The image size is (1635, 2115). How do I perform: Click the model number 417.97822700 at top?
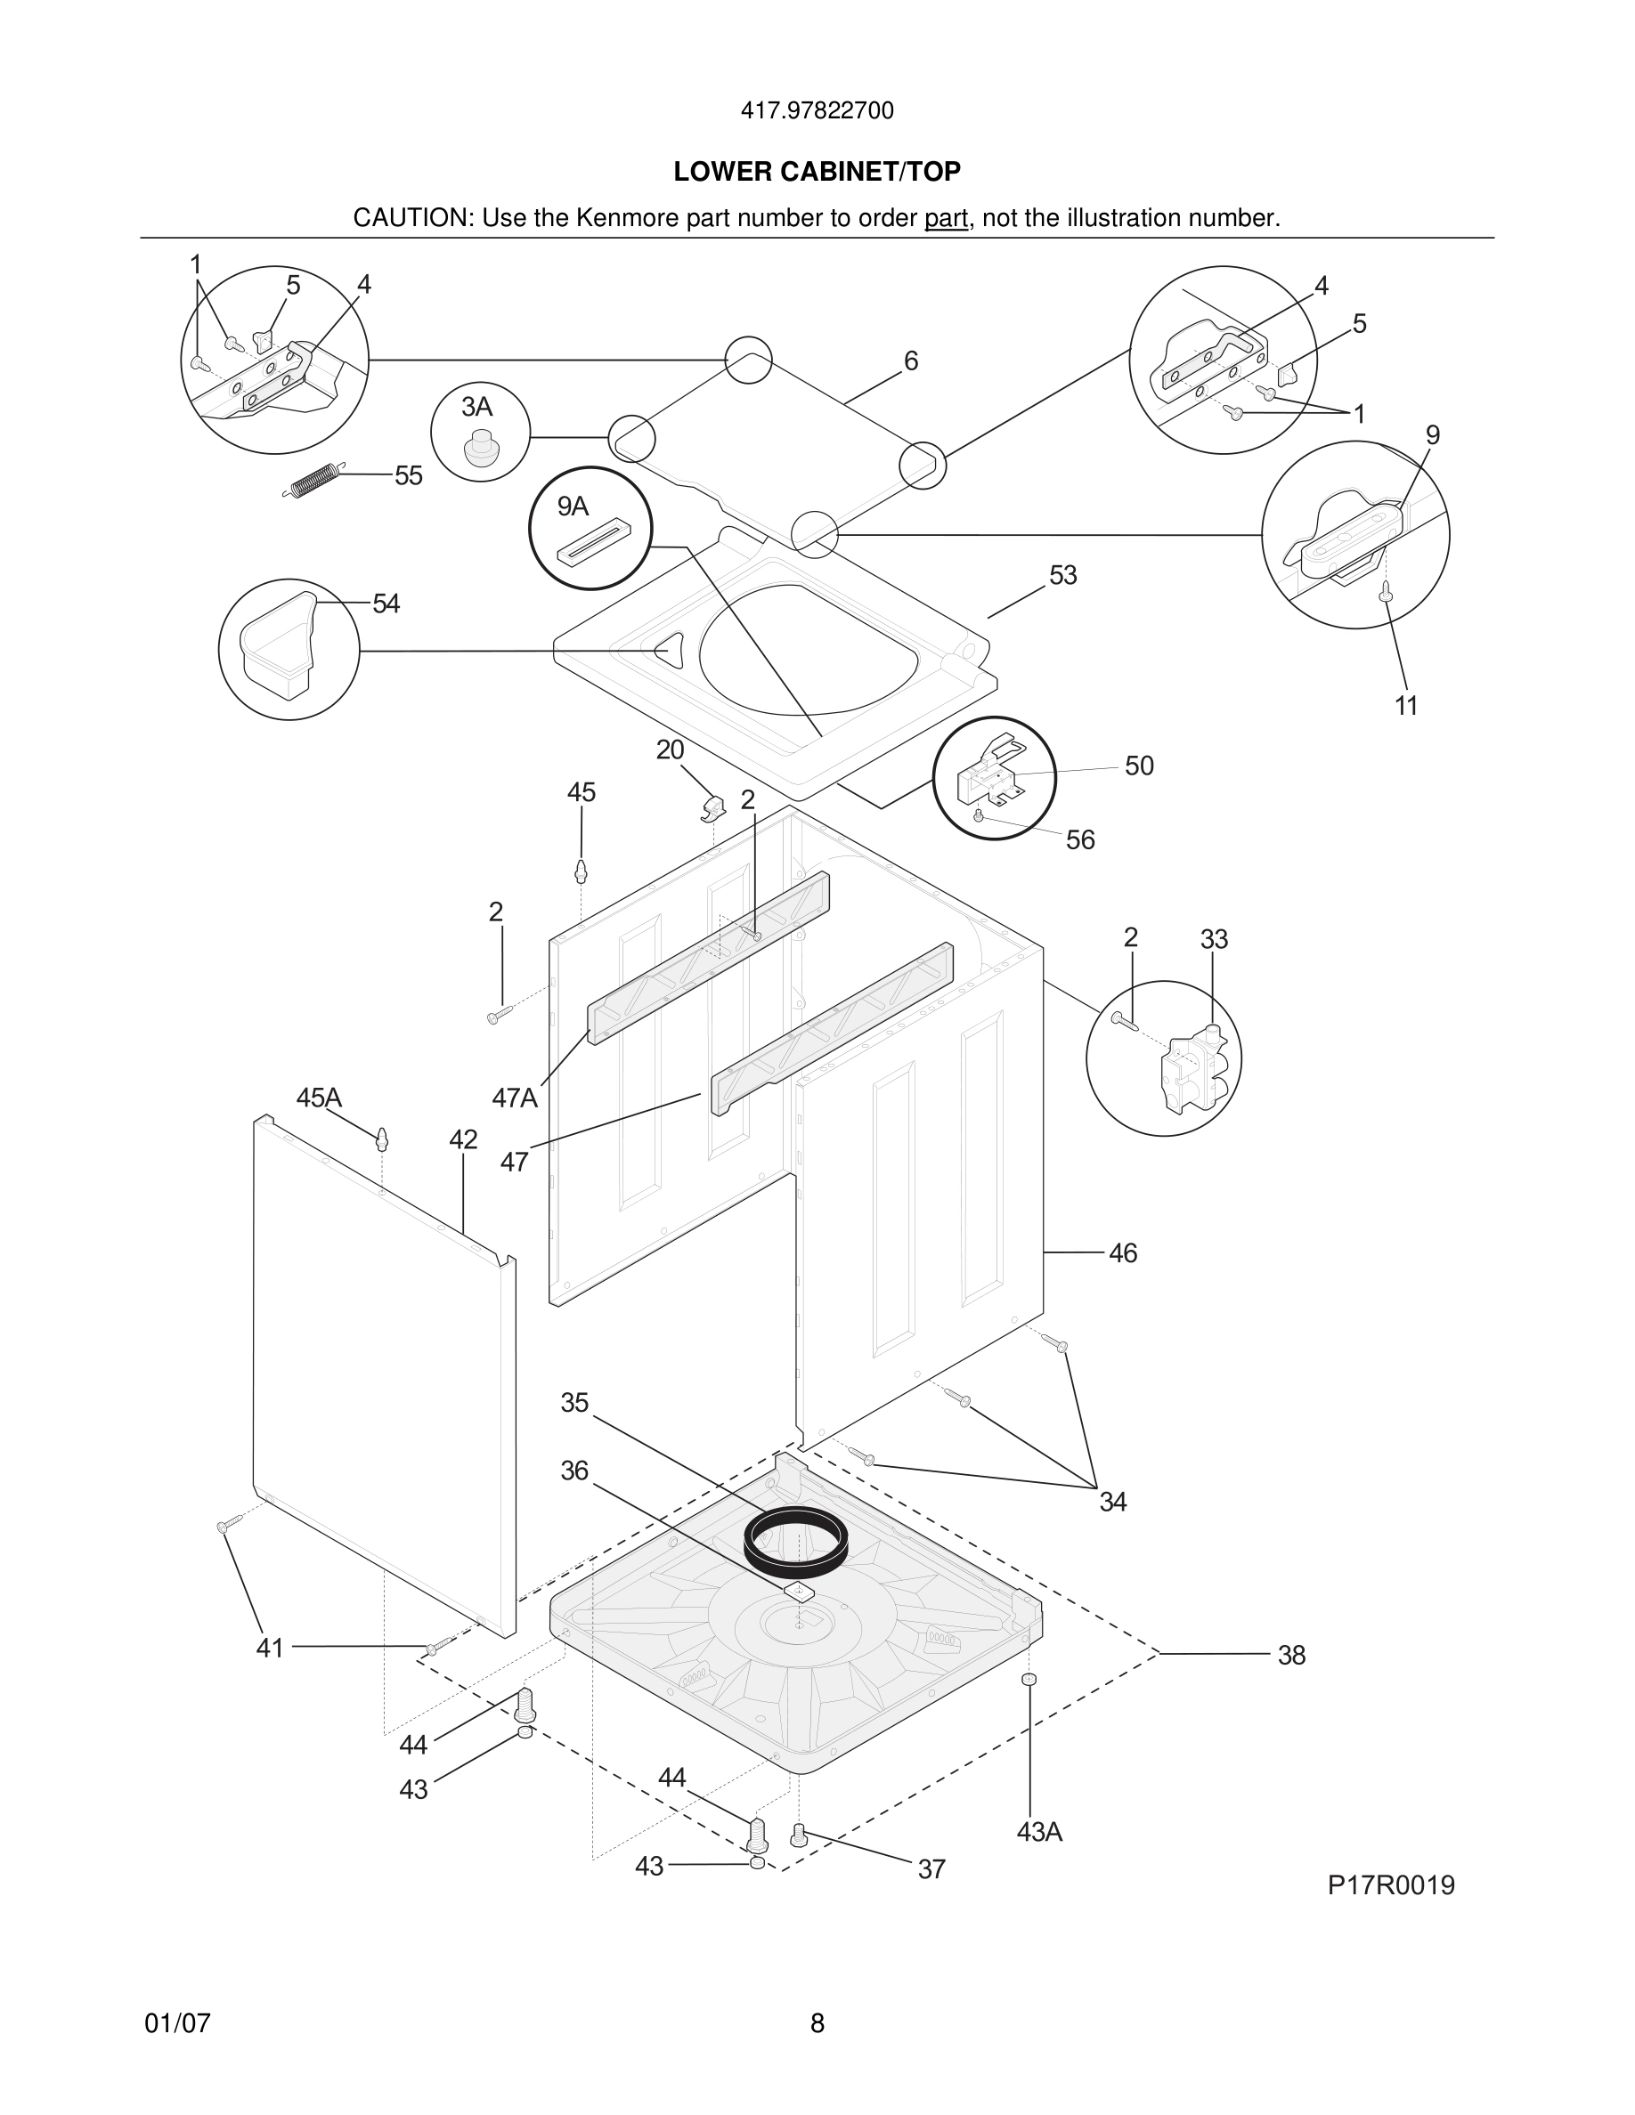[817, 111]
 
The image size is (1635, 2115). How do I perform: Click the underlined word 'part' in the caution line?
[946, 219]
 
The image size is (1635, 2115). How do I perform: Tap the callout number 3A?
[476, 407]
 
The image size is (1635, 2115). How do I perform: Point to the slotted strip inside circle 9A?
[593, 542]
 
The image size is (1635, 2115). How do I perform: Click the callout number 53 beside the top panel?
[1062, 575]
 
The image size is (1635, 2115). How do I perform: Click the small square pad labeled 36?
[799, 1590]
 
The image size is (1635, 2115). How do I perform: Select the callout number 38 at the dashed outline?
[1291, 1655]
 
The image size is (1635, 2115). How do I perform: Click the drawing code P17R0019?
[1390, 1884]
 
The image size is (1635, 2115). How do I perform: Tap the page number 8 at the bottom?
[817, 2023]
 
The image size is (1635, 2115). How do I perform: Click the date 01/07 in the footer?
[177, 2023]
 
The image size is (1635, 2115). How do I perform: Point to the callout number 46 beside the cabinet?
[1122, 1253]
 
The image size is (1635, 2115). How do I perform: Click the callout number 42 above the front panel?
[463, 1139]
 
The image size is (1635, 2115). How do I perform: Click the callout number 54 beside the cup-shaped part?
[386, 604]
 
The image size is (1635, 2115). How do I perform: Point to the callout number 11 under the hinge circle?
[1405, 706]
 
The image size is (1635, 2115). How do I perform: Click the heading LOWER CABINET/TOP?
[817, 172]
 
